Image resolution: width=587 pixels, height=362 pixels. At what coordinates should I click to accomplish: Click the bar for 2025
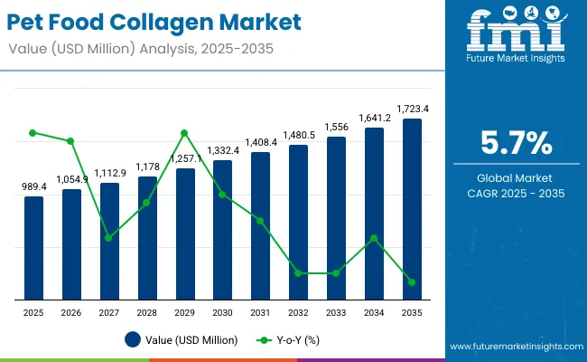tap(33, 247)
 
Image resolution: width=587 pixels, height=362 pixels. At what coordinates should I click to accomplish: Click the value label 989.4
tap(33, 186)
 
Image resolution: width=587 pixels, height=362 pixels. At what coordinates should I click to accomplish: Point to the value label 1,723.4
tap(412, 109)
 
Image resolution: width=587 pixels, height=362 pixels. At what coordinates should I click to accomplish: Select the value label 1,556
tap(336, 127)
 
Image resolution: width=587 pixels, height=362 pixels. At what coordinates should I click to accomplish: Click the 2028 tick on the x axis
tap(147, 311)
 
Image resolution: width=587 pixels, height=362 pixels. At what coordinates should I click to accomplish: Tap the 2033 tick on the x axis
tap(336, 311)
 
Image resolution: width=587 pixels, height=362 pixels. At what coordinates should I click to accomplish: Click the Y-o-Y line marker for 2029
tap(184, 133)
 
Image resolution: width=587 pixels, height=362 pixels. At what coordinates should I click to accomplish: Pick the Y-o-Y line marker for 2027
tap(109, 238)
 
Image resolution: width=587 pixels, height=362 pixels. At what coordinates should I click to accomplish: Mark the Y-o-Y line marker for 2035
tap(412, 282)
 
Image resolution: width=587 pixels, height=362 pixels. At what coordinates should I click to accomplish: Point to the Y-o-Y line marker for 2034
tap(374, 238)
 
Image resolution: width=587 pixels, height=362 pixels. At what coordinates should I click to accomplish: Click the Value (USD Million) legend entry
tap(182, 340)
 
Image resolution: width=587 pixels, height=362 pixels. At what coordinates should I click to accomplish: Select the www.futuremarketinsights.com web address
tap(512, 347)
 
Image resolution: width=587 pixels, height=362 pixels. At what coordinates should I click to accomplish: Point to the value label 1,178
tap(147, 167)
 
